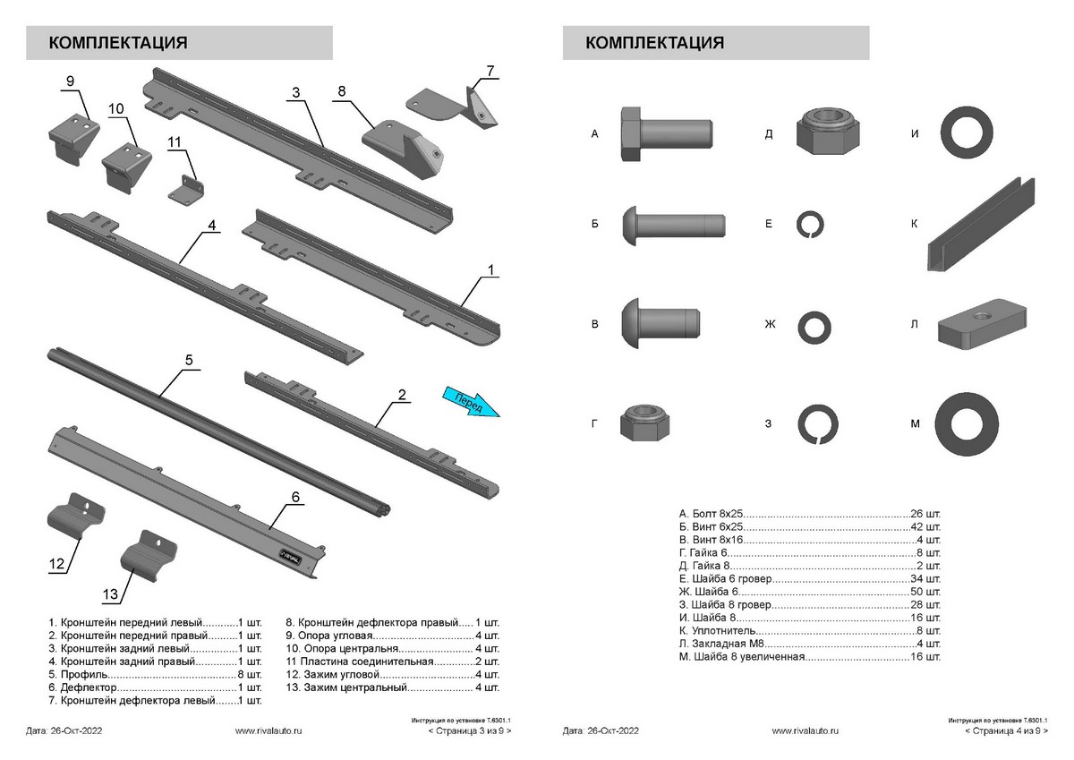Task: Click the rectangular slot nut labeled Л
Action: tap(984, 327)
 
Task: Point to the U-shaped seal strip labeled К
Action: tap(983, 228)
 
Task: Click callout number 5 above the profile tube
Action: tap(189, 360)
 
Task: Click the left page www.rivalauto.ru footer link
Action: tap(268, 731)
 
